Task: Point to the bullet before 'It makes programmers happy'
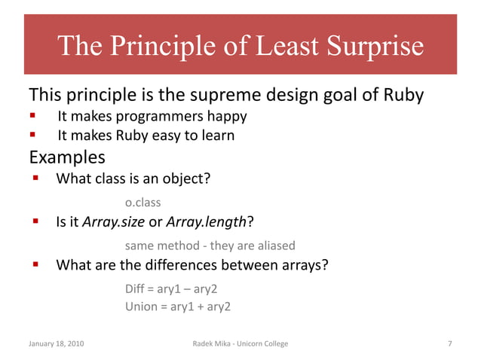click(32, 117)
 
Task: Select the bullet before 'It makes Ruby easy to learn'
click(32, 136)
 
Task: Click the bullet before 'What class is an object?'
click(35, 179)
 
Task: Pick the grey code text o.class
click(143, 203)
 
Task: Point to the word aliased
click(271, 246)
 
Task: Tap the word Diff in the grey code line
click(136, 288)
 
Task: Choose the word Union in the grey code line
click(141, 307)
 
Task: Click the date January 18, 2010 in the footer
click(57, 343)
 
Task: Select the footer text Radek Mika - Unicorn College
click(240, 343)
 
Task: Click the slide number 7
click(449, 343)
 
